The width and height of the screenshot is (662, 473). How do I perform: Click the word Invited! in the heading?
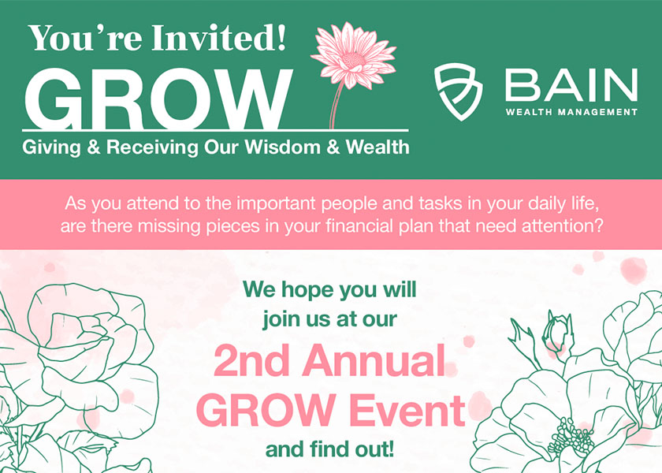(x=220, y=38)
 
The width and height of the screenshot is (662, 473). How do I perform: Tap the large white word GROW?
(x=158, y=99)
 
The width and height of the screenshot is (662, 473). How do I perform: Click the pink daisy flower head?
(x=354, y=56)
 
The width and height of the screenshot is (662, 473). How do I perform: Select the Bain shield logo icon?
(x=459, y=91)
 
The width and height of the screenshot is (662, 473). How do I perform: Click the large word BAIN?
(x=571, y=85)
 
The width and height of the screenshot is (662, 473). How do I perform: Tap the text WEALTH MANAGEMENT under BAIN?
(x=571, y=112)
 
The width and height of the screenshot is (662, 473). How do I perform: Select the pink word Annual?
(x=374, y=361)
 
